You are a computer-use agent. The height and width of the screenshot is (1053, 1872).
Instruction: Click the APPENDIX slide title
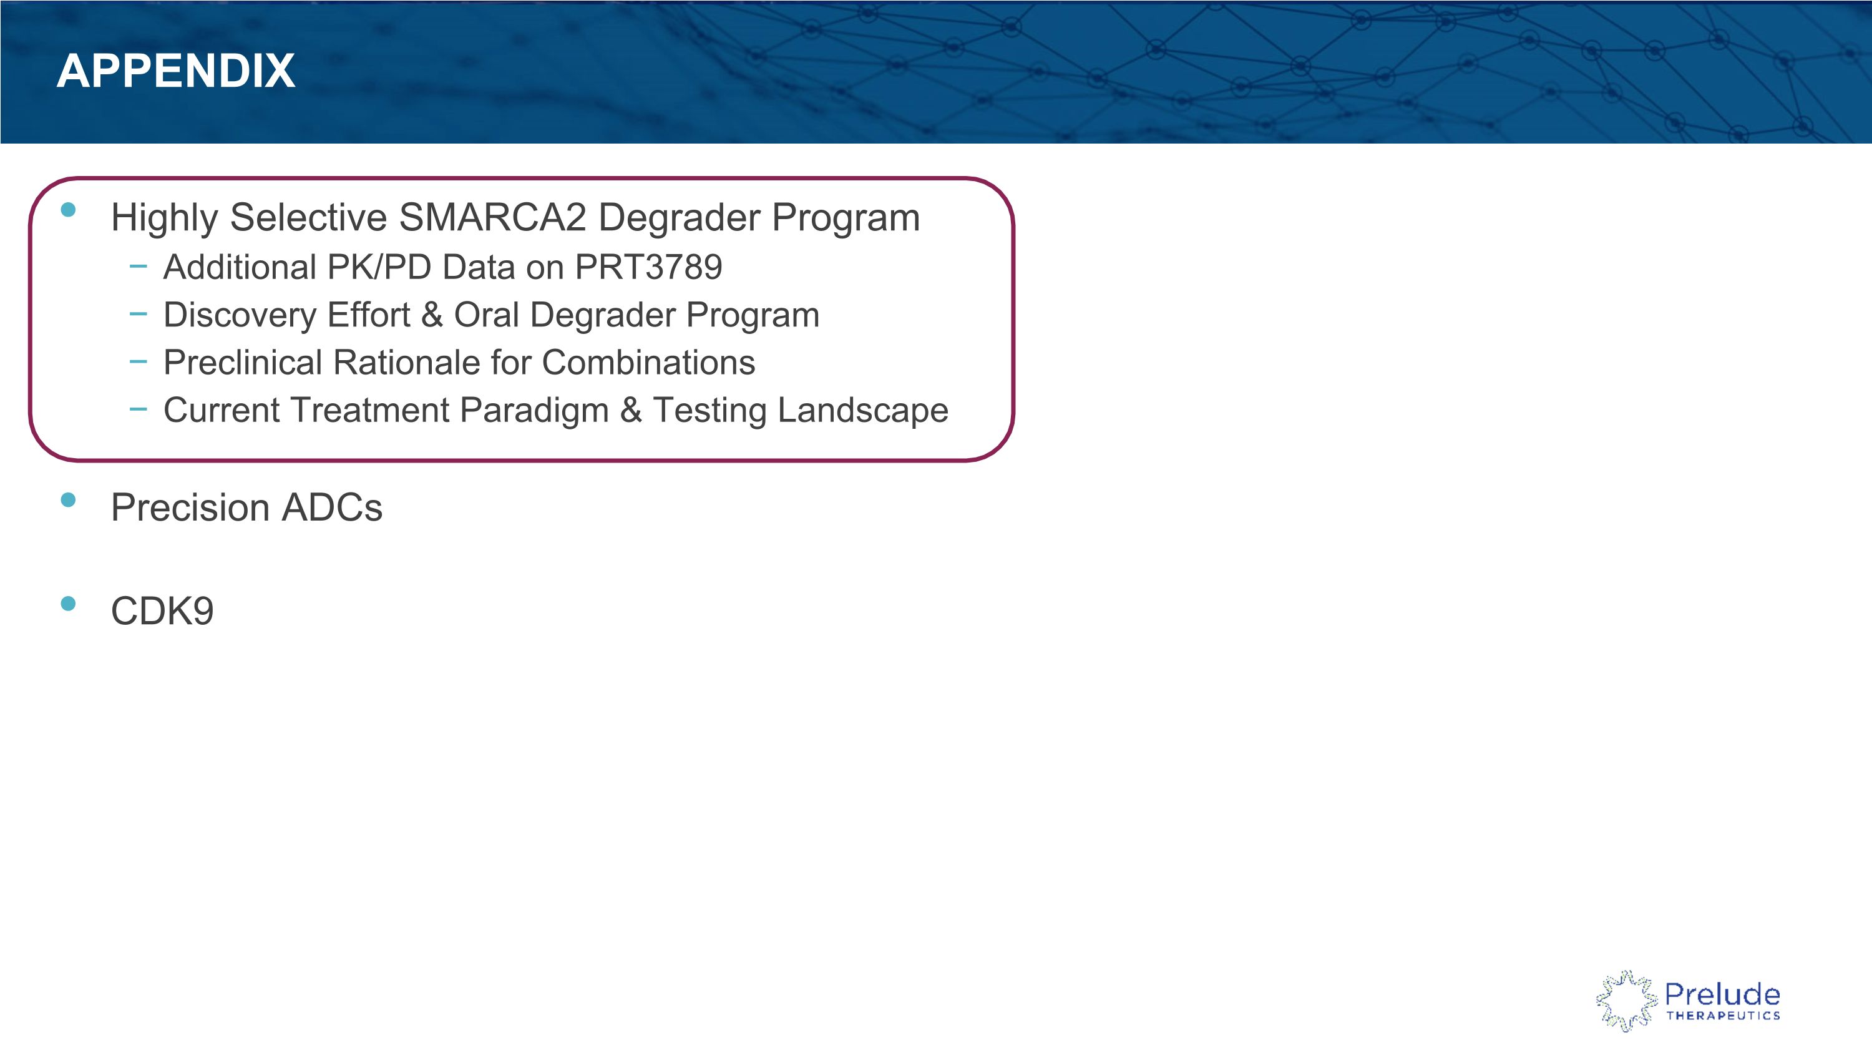pyautogui.click(x=176, y=71)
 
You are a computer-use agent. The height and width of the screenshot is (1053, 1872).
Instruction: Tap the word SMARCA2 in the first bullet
pyautogui.click(x=492, y=217)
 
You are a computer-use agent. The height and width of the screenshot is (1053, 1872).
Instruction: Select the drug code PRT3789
pyautogui.click(x=648, y=267)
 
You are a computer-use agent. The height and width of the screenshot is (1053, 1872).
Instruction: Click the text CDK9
pyautogui.click(x=162, y=610)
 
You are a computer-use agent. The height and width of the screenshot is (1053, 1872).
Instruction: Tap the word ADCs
pyautogui.click(x=332, y=507)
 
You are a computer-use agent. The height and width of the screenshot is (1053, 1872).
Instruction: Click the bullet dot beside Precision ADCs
pyautogui.click(x=68, y=500)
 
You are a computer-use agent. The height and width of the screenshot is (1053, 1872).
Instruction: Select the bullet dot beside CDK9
pyautogui.click(x=68, y=604)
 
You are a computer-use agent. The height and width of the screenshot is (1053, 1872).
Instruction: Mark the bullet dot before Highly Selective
pyautogui.click(x=68, y=210)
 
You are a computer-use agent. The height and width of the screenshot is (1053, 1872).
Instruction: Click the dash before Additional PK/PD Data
pyautogui.click(x=138, y=267)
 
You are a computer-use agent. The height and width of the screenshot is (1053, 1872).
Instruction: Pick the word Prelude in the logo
pyautogui.click(x=1722, y=994)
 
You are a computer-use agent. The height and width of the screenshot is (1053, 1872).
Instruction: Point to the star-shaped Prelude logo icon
pyautogui.click(x=1626, y=1001)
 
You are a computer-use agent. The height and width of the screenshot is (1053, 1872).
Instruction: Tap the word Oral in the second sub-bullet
pyautogui.click(x=486, y=315)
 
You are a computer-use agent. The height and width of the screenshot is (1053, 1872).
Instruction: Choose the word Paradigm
pyautogui.click(x=534, y=411)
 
